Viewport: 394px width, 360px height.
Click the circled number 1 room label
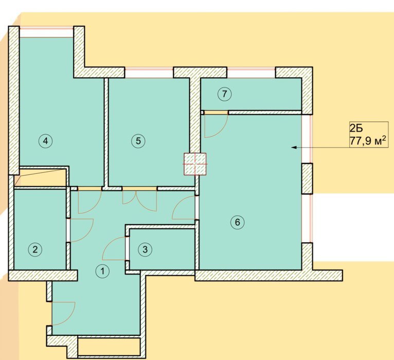click(x=102, y=271)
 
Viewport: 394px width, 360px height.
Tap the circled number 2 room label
click(x=35, y=249)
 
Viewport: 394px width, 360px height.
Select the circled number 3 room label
click(x=145, y=249)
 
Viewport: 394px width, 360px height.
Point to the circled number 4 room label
click(x=45, y=141)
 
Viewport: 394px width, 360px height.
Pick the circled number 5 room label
click(x=138, y=141)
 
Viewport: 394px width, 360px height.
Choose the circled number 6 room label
click(x=238, y=222)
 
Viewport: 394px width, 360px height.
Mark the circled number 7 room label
click(x=224, y=94)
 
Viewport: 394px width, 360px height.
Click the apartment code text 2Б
click(x=356, y=128)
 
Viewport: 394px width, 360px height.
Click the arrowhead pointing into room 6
click(x=293, y=147)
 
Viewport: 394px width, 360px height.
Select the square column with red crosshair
click(x=195, y=164)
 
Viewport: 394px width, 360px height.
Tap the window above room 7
click(x=252, y=73)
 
